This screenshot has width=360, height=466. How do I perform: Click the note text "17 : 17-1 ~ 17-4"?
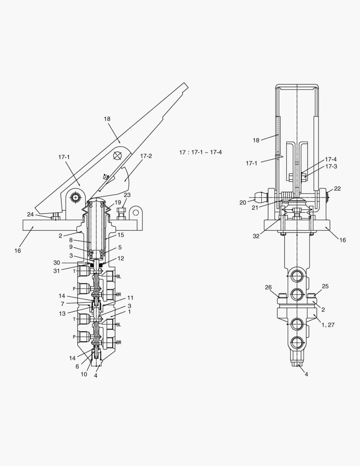click(x=200, y=152)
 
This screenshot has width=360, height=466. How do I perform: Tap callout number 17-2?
click(x=146, y=156)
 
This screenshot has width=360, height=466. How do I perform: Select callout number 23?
click(x=127, y=195)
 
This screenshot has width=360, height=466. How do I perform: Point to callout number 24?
click(x=30, y=214)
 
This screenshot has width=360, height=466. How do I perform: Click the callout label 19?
click(x=118, y=202)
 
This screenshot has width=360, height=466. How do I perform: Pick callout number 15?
click(x=121, y=235)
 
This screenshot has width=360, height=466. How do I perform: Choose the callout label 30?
click(x=56, y=263)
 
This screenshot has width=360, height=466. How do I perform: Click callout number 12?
click(x=121, y=258)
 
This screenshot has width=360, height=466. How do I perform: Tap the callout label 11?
click(x=130, y=298)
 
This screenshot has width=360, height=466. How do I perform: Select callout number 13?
click(x=63, y=314)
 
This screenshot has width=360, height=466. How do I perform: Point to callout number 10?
click(x=84, y=374)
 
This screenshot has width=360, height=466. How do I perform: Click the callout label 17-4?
click(x=331, y=159)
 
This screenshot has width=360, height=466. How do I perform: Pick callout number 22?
click(x=337, y=189)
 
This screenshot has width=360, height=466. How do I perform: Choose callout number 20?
click(x=243, y=202)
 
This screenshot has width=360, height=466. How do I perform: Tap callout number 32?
click(x=256, y=236)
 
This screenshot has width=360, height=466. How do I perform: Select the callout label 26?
click(x=268, y=287)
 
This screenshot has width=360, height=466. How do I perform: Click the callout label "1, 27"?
click(x=328, y=325)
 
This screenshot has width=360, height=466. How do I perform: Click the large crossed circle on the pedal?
click(x=117, y=156)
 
